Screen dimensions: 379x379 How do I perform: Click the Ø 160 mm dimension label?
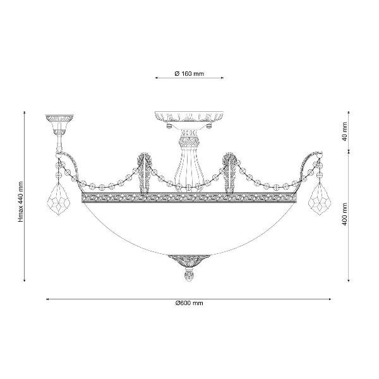pyautogui.click(x=189, y=73)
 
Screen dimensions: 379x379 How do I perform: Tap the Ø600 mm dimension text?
pyautogui.click(x=189, y=303)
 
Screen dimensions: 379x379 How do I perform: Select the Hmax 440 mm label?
pyautogui.click(x=21, y=202)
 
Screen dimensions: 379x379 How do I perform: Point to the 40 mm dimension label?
pyautogui.click(x=344, y=131)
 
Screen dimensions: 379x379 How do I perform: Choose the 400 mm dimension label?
pyautogui.click(x=344, y=214)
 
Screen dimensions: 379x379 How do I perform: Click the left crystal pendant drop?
pyautogui.click(x=58, y=198)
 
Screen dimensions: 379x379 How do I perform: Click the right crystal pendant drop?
pyautogui.click(x=320, y=198)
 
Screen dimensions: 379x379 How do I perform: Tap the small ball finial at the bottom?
pyautogui.click(x=189, y=276)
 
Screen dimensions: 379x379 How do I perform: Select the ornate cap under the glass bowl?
pyautogui.click(x=189, y=260)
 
